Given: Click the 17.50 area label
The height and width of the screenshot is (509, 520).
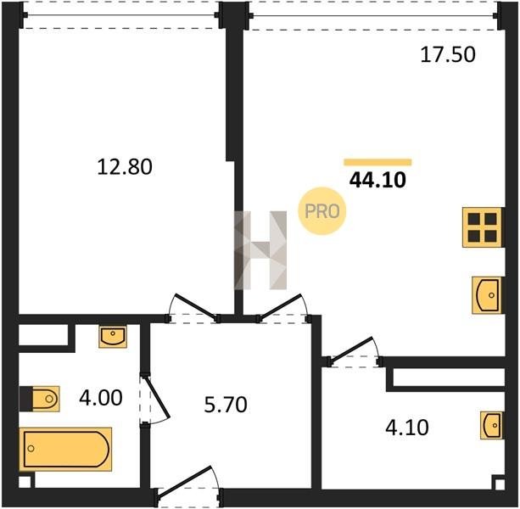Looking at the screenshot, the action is click(448, 54).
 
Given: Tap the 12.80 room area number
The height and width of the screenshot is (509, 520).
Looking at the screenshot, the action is click(125, 166).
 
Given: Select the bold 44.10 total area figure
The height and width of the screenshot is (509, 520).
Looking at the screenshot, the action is click(377, 181).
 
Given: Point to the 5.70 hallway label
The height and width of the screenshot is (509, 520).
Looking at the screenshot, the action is click(226, 405).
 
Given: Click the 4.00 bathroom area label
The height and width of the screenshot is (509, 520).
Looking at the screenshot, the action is click(101, 398).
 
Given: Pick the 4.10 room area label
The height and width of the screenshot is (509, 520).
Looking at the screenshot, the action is click(407, 427).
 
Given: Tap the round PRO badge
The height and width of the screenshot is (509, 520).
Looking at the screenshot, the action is click(322, 211).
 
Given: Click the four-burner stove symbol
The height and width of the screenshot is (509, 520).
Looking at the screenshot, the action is click(482, 227).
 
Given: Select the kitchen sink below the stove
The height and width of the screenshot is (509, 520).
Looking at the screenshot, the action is click(487, 295).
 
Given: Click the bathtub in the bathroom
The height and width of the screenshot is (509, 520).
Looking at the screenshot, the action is click(65, 449).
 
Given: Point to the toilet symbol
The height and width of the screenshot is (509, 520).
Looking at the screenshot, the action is click(40, 399).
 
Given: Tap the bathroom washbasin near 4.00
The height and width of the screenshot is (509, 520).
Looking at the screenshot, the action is click(113, 336).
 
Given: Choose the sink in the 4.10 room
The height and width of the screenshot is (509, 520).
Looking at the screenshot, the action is click(491, 425).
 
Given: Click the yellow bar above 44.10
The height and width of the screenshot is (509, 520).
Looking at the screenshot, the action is click(377, 162).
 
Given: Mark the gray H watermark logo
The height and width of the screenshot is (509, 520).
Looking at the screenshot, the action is click(260, 250).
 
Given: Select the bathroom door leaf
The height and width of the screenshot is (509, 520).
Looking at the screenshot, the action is click(157, 395).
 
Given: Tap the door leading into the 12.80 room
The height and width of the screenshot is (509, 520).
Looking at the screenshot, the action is click(196, 306).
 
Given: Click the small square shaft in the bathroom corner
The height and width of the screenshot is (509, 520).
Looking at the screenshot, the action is click(25, 482).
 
